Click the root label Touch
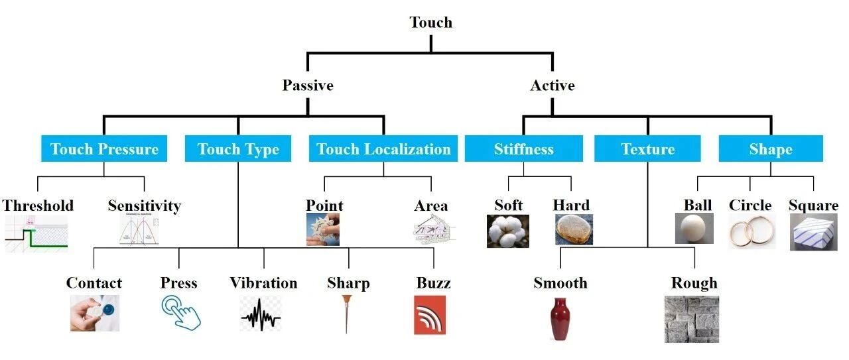click(x=431, y=23)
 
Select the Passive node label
click(x=308, y=86)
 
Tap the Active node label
click(x=553, y=86)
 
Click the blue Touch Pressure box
click(x=104, y=149)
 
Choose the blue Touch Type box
click(x=238, y=149)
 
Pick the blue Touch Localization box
click(x=383, y=149)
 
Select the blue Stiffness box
click(x=524, y=149)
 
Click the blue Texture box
click(x=647, y=149)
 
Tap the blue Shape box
click(x=771, y=149)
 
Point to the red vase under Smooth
click(x=560, y=319)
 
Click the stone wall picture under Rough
click(x=692, y=320)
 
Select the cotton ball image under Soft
click(x=508, y=231)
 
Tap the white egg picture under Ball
click(x=694, y=228)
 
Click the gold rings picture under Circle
click(x=752, y=231)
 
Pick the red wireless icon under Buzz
click(x=430, y=315)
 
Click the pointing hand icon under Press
click(x=181, y=313)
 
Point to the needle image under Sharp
click(x=346, y=314)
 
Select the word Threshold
click(x=38, y=206)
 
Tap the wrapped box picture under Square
click(x=814, y=232)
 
